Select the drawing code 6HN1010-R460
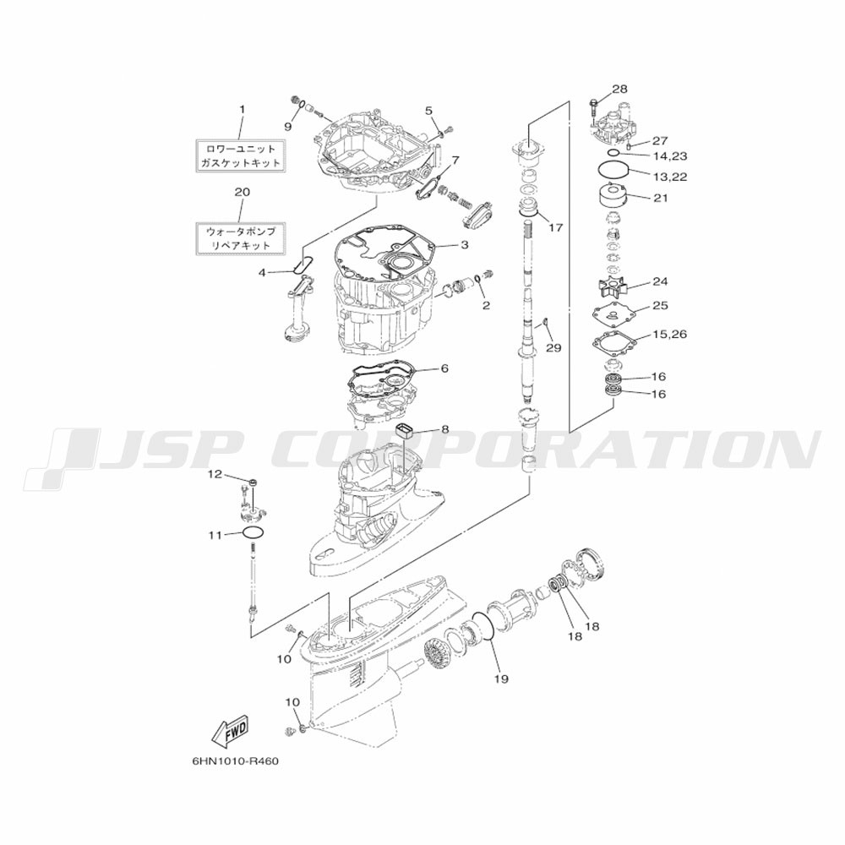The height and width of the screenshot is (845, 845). pyautogui.click(x=236, y=762)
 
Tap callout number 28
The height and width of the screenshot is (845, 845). pyautogui.click(x=619, y=89)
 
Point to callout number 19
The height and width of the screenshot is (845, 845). pyautogui.click(x=501, y=679)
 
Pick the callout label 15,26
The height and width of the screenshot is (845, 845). pyautogui.click(x=669, y=334)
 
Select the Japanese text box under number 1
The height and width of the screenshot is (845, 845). pyautogui.click(x=241, y=155)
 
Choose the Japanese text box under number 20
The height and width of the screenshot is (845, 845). pyautogui.click(x=241, y=238)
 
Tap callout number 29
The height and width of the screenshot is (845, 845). pyautogui.click(x=553, y=348)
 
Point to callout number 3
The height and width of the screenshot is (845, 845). pyautogui.click(x=465, y=245)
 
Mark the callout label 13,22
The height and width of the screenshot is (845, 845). pyautogui.click(x=670, y=177)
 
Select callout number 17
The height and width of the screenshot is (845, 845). pyautogui.click(x=555, y=227)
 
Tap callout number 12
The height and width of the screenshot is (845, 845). pyautogui.click(x=215, y=474)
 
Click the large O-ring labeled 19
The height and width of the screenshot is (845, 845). pyautogui.click(x=482, y=626)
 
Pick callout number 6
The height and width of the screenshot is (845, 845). pyautogui.click(x=444, y=368)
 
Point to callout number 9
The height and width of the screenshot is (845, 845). pyautogui.click(x=288, y=127)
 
